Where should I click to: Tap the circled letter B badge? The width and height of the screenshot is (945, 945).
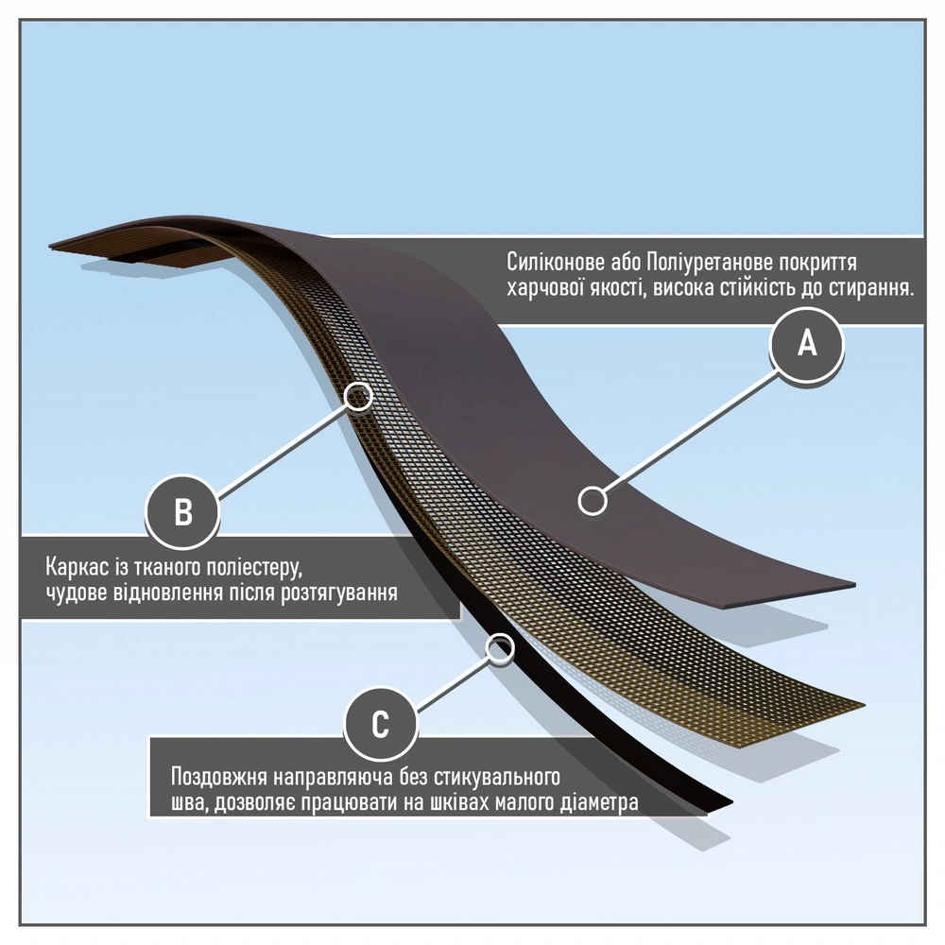[x=182, y=512]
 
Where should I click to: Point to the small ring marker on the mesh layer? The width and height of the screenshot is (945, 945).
[x=357, y=396]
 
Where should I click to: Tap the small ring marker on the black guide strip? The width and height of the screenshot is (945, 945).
[x=499, y=647]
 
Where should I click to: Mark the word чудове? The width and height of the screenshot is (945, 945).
[x=77, y=594]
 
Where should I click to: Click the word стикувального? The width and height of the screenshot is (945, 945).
[x=493, y=779]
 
